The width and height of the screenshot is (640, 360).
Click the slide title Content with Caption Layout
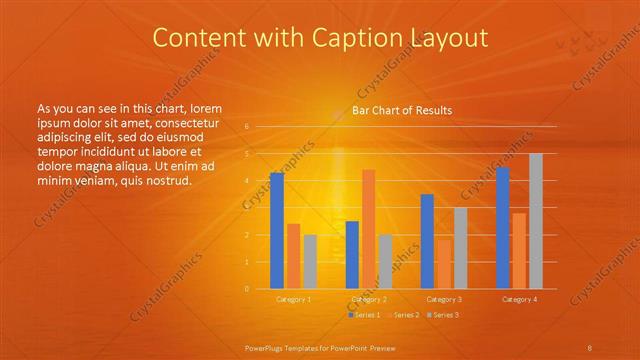click(320, 38)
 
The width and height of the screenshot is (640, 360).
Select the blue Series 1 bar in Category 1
click(277, 230)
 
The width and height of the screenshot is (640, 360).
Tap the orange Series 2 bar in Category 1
click(293, 256)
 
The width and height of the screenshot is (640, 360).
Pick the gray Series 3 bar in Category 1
click(310, 262)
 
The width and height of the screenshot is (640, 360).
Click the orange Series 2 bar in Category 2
click(369, 229)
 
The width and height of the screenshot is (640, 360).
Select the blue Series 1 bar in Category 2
click(352, 255)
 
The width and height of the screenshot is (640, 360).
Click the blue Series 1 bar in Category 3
click(427, 241)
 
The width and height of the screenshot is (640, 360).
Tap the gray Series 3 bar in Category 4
click(536, 221)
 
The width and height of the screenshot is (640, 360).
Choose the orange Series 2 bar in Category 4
click(519, 251)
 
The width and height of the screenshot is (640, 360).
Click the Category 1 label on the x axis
click(293, 299)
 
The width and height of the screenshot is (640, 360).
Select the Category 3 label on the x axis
click(444, 299)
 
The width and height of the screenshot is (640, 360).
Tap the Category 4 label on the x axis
click(519, 299)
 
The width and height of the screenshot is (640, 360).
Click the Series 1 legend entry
click(366, 315)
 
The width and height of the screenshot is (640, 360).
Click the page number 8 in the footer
click(590, 347)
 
